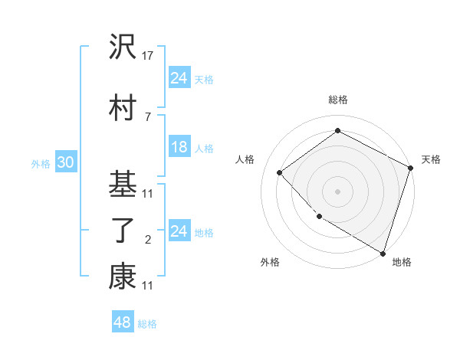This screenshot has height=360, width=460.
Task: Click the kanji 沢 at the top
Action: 123,50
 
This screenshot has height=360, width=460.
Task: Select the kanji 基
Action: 123,185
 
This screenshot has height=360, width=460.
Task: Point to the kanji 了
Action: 123,232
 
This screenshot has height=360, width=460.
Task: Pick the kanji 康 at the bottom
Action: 123,277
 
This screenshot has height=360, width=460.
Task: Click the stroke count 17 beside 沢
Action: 148,57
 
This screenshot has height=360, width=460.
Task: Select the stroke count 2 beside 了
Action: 147,241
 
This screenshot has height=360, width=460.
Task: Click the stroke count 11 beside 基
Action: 148,193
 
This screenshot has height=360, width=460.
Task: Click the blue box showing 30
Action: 64,162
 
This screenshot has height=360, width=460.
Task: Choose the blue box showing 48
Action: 123,322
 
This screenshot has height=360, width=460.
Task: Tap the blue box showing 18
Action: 179,147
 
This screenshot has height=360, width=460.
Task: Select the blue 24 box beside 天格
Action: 179,77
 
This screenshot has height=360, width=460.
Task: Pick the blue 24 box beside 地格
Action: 179,231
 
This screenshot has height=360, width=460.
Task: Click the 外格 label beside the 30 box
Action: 41,164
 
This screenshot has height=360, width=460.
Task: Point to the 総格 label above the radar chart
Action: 337,100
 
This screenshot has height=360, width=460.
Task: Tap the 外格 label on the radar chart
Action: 270,263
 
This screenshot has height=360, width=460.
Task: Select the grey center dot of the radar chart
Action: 337,191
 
